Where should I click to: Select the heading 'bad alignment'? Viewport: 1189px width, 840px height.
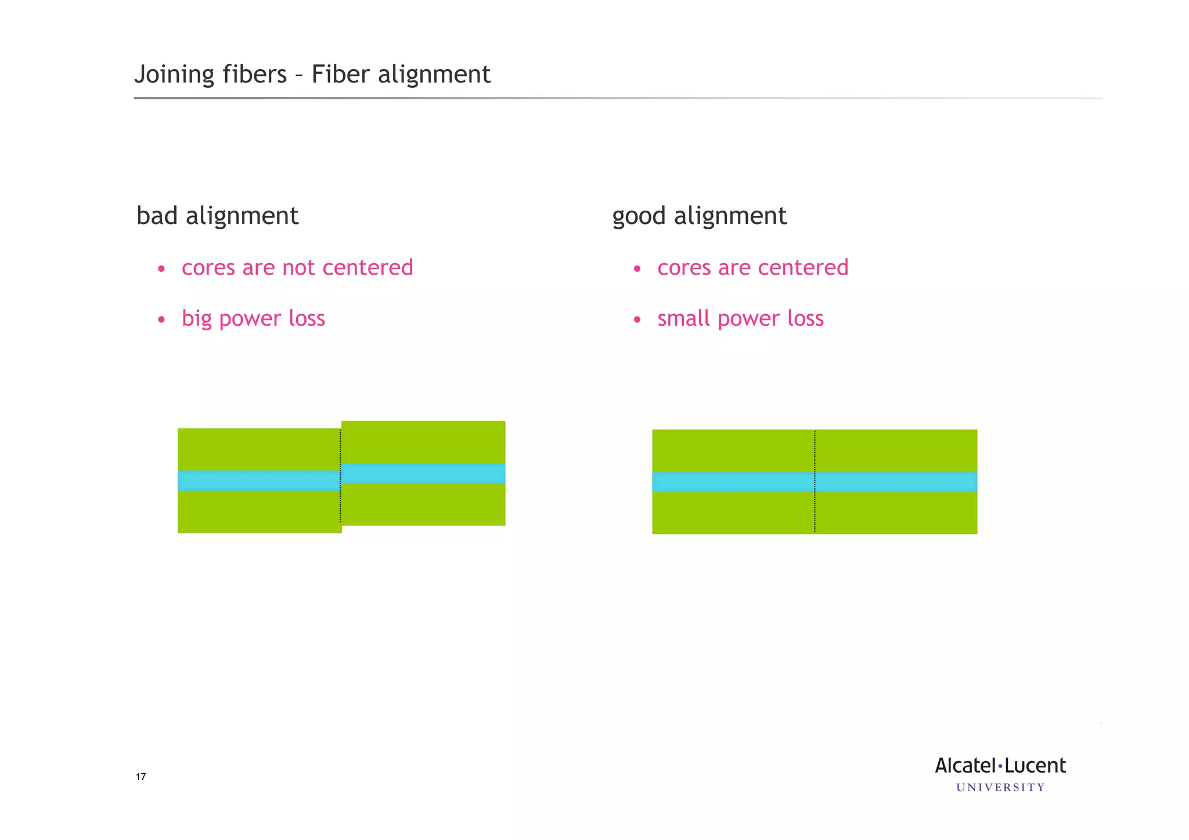coord(217,216)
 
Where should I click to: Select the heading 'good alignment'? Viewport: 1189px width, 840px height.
coord(699,217)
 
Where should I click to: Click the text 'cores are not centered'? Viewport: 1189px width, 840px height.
coord(297,268)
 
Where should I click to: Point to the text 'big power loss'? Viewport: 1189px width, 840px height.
coord(253,319)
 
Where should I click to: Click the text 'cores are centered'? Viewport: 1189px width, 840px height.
coord(752,268)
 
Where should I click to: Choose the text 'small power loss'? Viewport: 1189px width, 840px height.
coord(740,319)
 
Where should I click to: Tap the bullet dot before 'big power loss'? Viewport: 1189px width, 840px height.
coord(161,320)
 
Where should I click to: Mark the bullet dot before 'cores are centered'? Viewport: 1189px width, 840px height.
coord(637,269)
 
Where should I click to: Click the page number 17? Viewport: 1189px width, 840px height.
coord(140,777)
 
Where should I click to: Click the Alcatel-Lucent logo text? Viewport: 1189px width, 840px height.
coord(1000,766)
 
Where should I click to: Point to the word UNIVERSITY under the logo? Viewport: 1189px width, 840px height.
coord(1000,788)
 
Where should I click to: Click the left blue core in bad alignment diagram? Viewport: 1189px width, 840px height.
coord(258,481)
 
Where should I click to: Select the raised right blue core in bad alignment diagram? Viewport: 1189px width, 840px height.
coord(423,473)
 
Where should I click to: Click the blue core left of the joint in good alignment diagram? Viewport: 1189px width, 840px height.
coord(733,482)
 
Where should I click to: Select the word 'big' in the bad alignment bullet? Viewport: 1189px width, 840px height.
coord(196,319)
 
